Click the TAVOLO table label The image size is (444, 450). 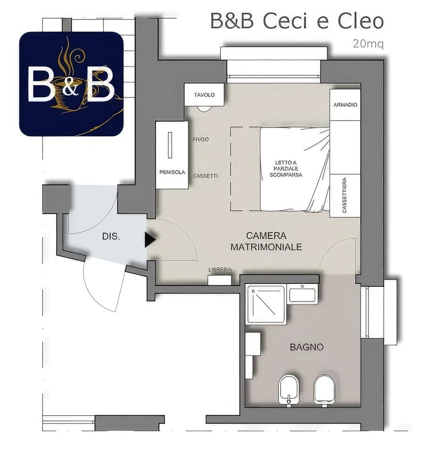pos(204,95)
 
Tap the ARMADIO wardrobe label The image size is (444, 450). pos(345,105)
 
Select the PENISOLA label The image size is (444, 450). pos(172,172)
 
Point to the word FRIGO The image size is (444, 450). pos(201,139)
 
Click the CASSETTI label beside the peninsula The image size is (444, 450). pos(205,176)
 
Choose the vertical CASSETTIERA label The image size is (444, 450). pos(345,195)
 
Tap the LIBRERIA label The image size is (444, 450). pos(220,270)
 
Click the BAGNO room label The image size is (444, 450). pos(307,347)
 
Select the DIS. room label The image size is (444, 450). pos(111,237)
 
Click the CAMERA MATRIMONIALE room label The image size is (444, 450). pos(266,241)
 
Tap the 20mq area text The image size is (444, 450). pos(368,44)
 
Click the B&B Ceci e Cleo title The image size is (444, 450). pos(297,21)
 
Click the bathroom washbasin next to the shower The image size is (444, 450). pos(302,295)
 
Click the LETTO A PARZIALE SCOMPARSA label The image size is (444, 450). pos(286,168)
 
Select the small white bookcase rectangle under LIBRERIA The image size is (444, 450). pos(220,280)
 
